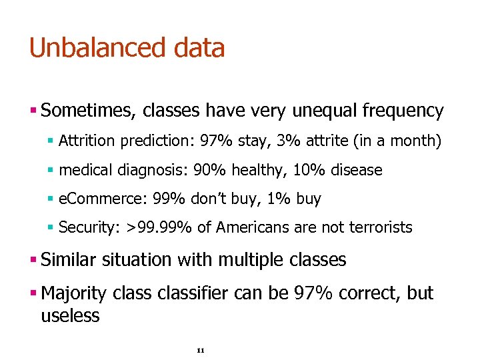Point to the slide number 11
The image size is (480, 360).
pos(201,351)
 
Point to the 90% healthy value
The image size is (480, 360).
pos(208,170)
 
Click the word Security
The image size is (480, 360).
pos(87,228)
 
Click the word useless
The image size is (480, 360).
pos(70,315)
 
